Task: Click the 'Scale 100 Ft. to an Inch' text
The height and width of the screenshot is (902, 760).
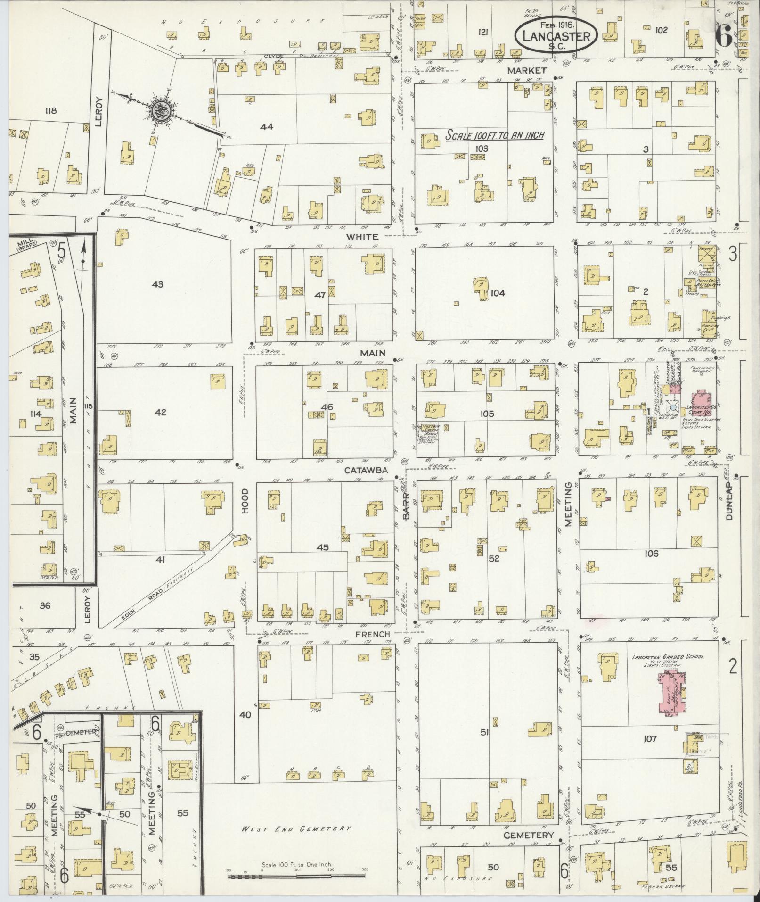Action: [494, 135]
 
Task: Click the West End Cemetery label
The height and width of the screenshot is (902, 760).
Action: [296, 828]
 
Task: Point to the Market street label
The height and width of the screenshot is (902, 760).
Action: [527, 70]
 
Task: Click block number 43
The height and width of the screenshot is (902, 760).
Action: [157, 284]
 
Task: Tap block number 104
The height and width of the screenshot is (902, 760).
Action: [498, 293]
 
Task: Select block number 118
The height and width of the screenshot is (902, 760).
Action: [50, 111]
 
